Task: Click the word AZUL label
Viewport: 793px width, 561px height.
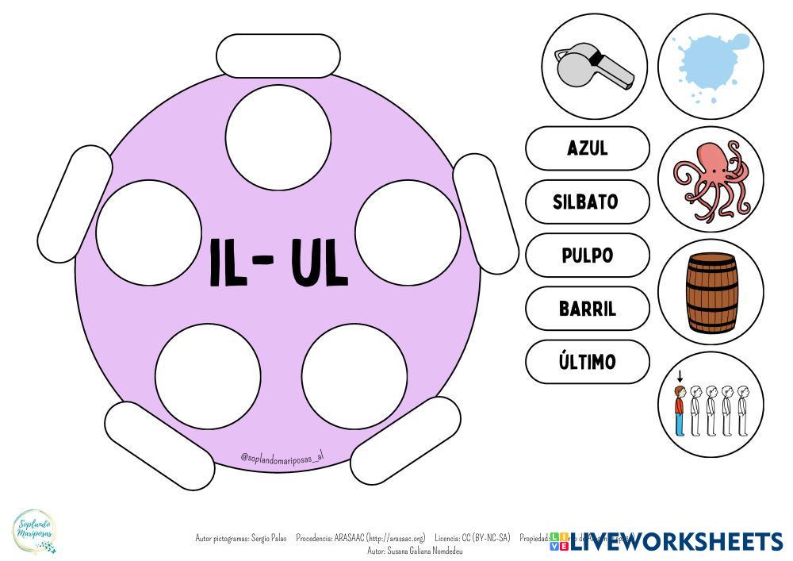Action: click(x=588, y=148)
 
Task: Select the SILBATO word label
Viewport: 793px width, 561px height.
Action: click(x=588, y=202)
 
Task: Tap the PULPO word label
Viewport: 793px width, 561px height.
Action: click(x=588, y=256)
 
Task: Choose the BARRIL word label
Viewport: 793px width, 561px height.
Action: click(x=588, y=309)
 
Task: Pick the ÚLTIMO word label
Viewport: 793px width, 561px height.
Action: click(x=588, y=362)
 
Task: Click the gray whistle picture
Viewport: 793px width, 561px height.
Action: click(x=595, y=67)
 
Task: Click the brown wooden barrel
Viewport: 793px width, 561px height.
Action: click(x=711, y=293)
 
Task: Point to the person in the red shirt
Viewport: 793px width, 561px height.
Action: click(x=680, y=409)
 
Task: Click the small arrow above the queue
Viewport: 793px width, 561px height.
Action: click(x=680, y=376)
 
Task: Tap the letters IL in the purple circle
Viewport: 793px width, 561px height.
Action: click(x=231, y=263)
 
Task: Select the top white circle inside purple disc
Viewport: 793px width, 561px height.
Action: click(x=278, y=136)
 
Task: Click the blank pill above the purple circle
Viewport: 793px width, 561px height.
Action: click(x=278, y=56)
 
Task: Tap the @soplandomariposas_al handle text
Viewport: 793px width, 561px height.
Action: click(x=282, y=457)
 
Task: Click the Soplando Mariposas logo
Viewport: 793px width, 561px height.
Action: click(x=35, y=530)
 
